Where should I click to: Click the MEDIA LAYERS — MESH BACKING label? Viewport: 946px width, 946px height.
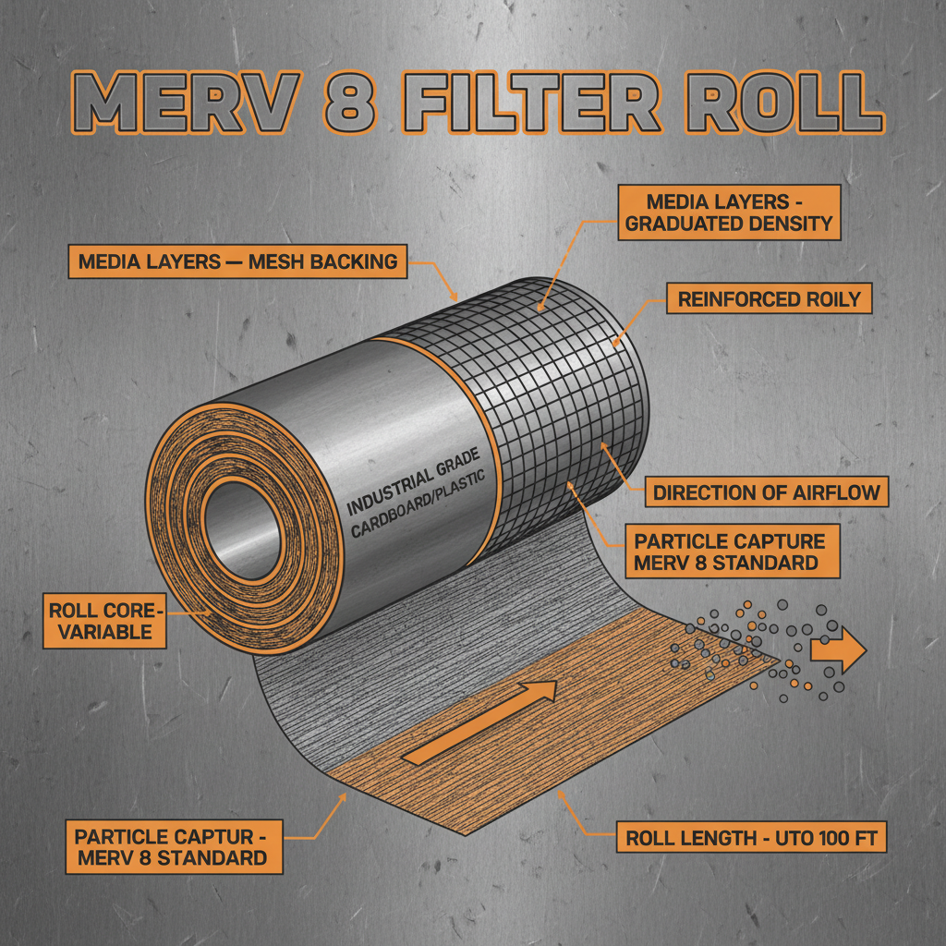click(x=237, y=262)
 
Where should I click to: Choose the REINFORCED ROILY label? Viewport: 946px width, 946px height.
click(x=769, y=298)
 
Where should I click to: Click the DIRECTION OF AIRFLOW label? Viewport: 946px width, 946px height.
click(x=767, y=491)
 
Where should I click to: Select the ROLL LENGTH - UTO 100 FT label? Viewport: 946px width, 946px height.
click(x=754, y=839)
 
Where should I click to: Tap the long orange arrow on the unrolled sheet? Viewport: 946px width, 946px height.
click(x=480, y=722)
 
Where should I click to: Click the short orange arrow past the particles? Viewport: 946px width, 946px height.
click(x=837, y=652)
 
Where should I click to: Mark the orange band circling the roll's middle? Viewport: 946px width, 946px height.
click(x=481, y=434)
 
